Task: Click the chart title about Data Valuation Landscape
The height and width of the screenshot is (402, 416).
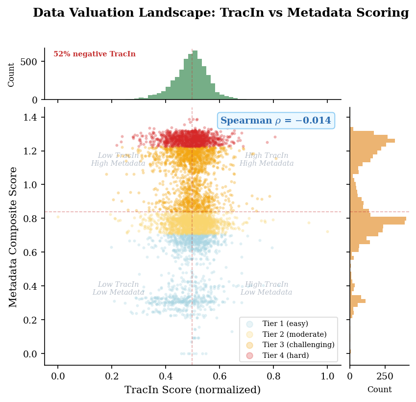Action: [220, 13]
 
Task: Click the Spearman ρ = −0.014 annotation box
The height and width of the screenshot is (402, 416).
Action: [276, 121]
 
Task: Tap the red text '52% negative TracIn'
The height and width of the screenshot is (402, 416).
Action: [95, 54]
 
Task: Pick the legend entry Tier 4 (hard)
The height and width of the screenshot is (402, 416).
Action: [285, 355]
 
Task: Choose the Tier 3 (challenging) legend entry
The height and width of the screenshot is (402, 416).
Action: [298, 345]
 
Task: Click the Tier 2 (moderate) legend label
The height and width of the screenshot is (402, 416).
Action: [292, 334]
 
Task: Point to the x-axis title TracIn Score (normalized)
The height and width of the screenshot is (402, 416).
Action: [192, 390]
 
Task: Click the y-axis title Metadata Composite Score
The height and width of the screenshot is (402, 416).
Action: [13, 237]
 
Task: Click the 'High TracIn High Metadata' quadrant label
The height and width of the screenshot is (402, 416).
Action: [267, 160]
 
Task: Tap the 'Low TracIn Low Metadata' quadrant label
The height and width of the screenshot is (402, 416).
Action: [118, 289]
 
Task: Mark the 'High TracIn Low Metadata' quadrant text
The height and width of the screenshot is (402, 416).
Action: [266, 289]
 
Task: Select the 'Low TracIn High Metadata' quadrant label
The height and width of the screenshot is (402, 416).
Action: [118, 160]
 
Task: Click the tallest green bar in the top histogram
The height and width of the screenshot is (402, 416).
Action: [195, 75]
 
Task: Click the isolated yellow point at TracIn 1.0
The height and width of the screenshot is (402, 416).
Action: [327, 231]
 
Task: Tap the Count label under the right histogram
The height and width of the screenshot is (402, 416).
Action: [379, 390]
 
